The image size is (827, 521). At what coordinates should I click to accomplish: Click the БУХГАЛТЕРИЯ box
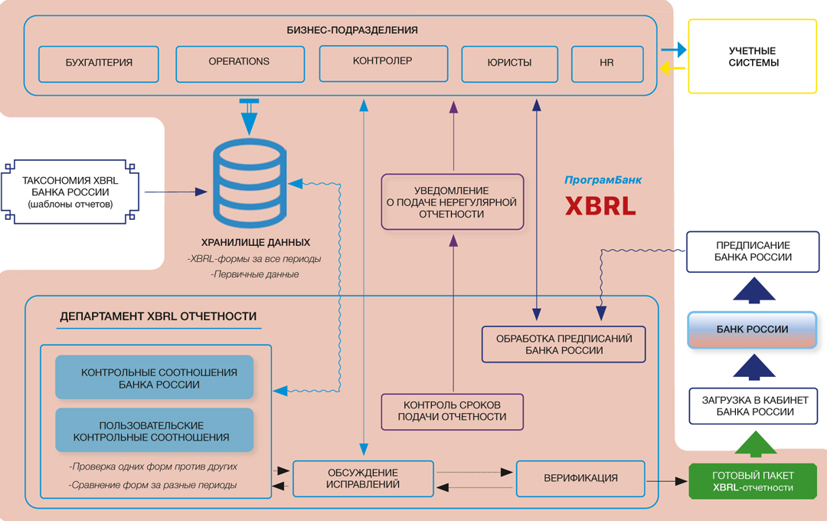coord(99,64)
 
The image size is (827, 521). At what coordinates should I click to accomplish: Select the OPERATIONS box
coord(239,64)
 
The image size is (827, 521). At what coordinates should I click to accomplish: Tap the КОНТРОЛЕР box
coord(383,62)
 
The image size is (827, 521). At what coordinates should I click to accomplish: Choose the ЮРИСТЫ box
coord(509,64)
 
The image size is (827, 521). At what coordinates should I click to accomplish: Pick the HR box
coord(607,64)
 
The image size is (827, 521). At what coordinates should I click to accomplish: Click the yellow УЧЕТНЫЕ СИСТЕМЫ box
coord(753,57)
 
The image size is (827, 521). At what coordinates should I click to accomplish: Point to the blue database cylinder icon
coord(247,182)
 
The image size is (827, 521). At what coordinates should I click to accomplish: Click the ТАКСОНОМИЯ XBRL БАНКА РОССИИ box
coord(70,192)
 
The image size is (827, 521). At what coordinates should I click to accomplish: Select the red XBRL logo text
coord(601,207)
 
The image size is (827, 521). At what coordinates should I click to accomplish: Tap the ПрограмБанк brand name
coord(603,181)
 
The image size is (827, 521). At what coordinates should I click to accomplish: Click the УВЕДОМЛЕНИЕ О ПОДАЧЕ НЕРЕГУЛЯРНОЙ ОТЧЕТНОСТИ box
coord(453,202)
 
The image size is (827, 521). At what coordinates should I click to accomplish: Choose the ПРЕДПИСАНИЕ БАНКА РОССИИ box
coord(753,252)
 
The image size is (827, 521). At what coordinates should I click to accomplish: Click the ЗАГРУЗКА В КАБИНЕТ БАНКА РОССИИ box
coord(753,406)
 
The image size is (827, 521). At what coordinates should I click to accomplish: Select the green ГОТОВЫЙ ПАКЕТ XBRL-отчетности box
coord(753,482)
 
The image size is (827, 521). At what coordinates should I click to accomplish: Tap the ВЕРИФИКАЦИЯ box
coord(580,479)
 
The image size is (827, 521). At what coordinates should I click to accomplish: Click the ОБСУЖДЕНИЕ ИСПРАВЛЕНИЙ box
coord(363,479)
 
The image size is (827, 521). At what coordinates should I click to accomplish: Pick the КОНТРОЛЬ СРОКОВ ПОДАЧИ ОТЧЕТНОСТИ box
coord(453,411)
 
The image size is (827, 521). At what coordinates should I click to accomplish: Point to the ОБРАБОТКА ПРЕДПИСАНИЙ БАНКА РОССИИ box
coord(564,344)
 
